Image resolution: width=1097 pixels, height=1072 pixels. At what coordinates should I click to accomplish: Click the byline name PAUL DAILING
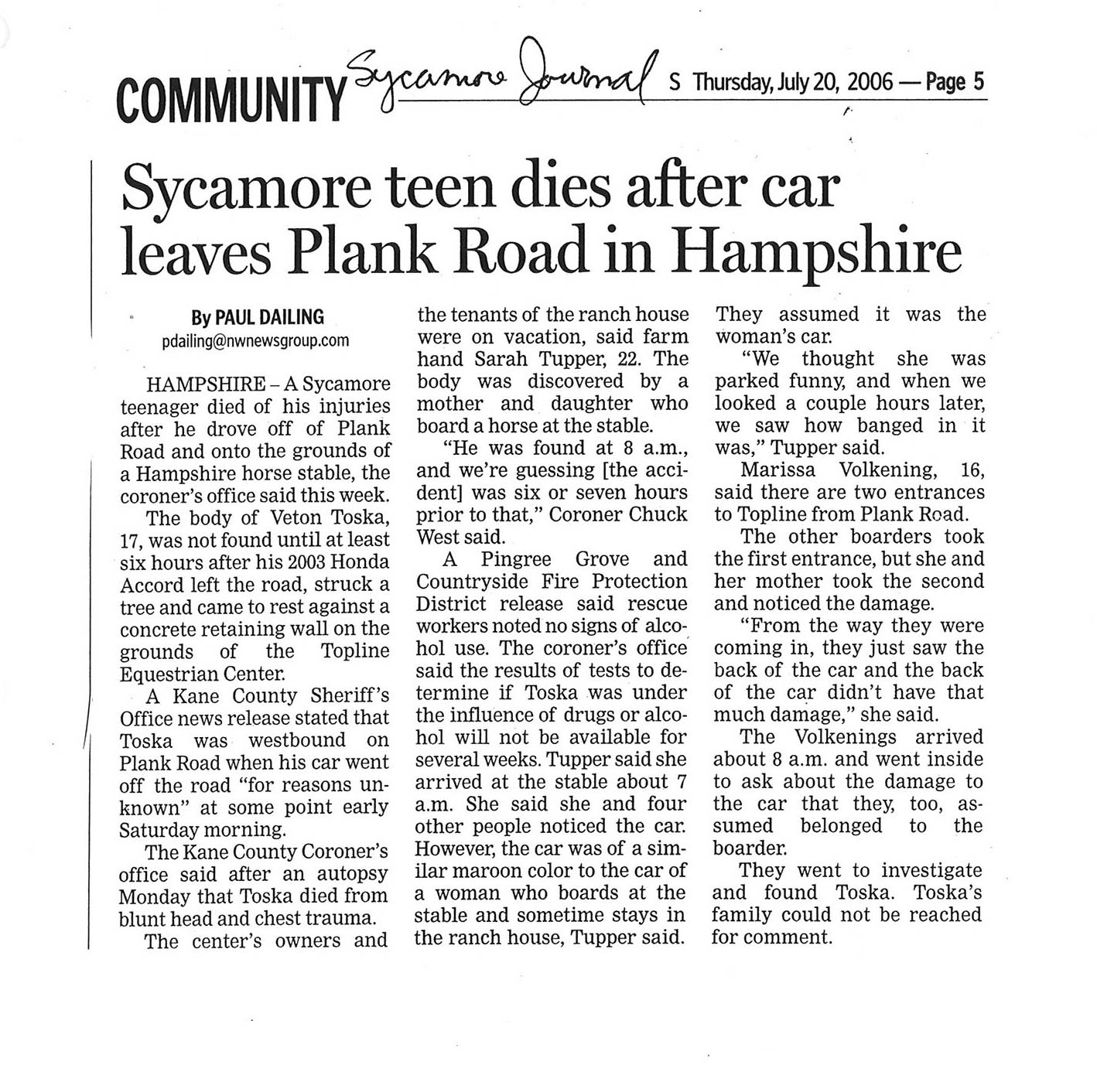point(269,317)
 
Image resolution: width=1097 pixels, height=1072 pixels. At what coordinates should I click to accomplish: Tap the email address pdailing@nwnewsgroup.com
point(256,340)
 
